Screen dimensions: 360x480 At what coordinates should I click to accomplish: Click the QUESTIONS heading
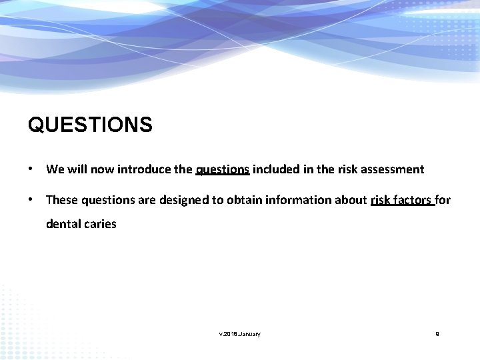coord(90,125)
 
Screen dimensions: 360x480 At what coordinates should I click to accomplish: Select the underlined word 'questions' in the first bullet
coord(223,169)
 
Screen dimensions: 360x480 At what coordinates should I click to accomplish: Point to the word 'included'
coord(275,169)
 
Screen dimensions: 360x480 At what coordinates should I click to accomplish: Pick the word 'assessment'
coord(393,169)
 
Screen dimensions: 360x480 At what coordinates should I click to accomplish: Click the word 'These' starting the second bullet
coord(60,200)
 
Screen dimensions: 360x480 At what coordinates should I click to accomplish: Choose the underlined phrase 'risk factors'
coord(401,200)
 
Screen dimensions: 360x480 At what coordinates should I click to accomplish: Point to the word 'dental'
coord(62,224)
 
